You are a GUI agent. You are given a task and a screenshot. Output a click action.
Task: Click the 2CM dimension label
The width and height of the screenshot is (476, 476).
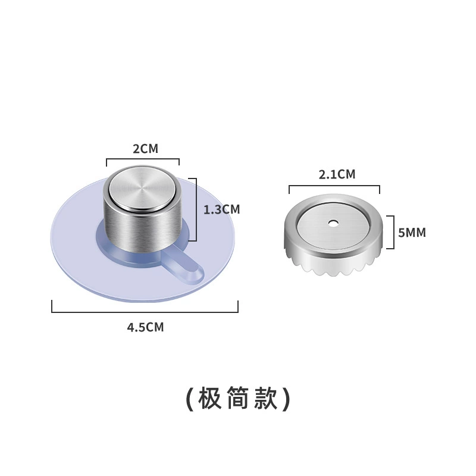pyautogui.click(x=145, y=149)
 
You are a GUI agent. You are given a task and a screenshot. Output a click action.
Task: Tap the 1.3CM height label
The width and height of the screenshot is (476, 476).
pyautogui.click(x=221, y=210)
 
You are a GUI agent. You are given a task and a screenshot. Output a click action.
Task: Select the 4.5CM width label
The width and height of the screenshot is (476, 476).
pyautogui.click(x=145, y=328)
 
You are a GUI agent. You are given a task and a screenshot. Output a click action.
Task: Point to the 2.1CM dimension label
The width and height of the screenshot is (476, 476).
pyautogui.click(x=337, y=174)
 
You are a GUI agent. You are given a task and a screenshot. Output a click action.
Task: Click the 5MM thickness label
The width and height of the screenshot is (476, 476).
pyautogui.click(x=412, y=233)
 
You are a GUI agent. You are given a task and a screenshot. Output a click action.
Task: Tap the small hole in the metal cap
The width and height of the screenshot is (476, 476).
pyautogui.click(x=333, y=223)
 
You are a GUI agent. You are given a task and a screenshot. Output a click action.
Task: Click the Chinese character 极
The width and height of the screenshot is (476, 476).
pyautogui.click(x=210, y=398)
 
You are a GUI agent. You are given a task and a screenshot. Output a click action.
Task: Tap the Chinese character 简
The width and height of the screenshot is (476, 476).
pyautogui.click(x=238, y=398)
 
